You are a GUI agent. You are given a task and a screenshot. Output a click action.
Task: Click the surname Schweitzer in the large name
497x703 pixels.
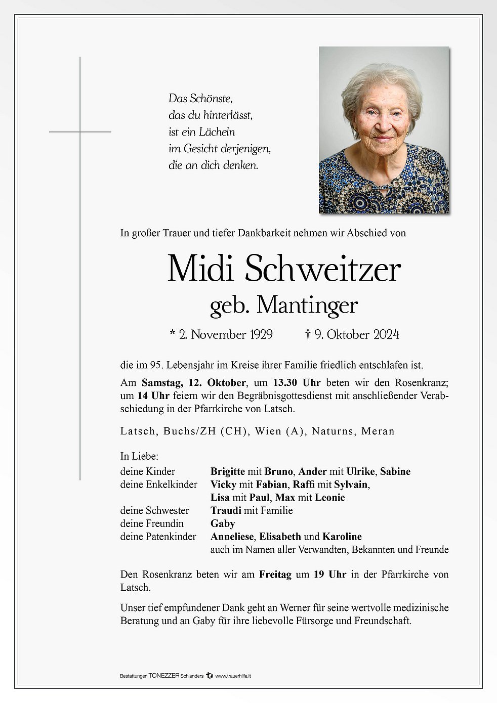[x=323, y=270]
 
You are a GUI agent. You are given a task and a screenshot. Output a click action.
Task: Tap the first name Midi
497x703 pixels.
[x=200, y=269]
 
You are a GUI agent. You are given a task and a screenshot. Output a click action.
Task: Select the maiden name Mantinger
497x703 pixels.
[x=307, y=305]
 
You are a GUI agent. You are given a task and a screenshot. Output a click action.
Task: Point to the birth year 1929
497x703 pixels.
[x=261, y=334]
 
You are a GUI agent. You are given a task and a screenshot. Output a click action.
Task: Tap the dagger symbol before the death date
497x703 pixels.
[x=308, y=334]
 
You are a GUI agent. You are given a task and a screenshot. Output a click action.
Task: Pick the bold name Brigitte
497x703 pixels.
[x=228, y=471]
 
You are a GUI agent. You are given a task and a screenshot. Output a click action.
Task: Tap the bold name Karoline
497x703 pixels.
[x=342, y=537]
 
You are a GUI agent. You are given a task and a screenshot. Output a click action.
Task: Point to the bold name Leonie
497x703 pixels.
[x=329, y=498]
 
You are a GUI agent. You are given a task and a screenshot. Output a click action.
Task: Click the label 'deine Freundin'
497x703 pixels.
[x=152, y=523]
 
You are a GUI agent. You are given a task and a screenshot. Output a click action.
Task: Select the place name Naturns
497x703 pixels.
[x=332, y=431]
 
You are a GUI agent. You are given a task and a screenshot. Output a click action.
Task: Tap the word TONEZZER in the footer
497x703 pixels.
[x=164, y=676]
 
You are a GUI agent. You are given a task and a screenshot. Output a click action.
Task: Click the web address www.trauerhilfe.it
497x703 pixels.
[x=233, y=676]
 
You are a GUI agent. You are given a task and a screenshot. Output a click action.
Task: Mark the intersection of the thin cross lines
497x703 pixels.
[x=80, y=131]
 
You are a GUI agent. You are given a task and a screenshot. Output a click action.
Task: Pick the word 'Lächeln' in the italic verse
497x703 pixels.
[x=217, y=132]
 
